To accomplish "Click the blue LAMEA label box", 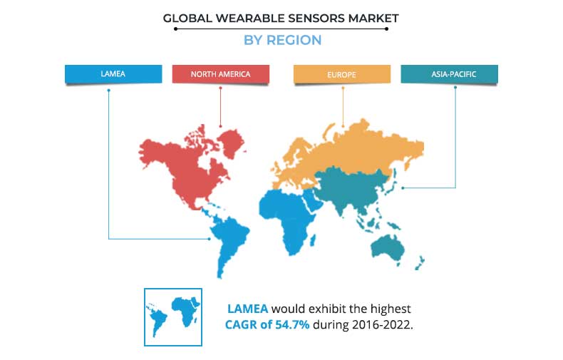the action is click(x=113, y=74).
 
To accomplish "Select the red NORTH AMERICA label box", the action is click(x=221, y=74).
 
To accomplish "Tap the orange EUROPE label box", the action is click(x=342, y=74).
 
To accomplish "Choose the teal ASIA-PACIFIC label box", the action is click(x=449, y=74).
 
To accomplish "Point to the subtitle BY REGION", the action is click(x=283, y=40).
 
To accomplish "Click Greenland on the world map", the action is click(x=232, y=143).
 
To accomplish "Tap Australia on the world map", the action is click(x=388, y=247).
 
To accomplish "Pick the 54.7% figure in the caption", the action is click(x=292, y=325).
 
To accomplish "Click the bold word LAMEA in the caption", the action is click(x=248, y=309).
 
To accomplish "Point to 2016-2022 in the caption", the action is click(x=381, y=325).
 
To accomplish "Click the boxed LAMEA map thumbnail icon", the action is click(x=173, y=317).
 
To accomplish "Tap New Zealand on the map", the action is click(x=420, y=263).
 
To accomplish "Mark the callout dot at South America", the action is click(x=210, y=239).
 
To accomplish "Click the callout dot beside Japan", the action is click(x=403, y=188).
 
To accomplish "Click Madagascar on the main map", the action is click(x=312, y=240).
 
